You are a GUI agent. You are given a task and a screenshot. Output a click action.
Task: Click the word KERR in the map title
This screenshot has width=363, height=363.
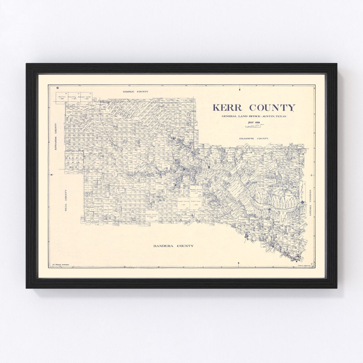[227, 108]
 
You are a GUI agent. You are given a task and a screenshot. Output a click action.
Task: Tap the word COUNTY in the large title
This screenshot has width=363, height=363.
[272, 108]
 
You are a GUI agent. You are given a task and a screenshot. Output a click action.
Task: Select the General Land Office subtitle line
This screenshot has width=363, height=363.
[254, 116]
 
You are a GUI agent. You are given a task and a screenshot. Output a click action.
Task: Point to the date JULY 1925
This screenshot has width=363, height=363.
[254, 123]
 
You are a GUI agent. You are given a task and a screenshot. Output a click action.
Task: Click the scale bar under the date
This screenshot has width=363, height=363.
[254, 126]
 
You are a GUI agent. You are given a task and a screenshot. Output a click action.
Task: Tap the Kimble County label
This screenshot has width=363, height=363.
[135, 91]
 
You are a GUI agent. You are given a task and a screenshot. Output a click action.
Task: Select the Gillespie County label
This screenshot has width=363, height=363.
[254, 138]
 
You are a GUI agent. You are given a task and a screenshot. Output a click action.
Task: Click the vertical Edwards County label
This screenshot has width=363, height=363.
[56, 136]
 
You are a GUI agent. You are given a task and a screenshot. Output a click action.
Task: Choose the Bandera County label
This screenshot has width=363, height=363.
[173, 246]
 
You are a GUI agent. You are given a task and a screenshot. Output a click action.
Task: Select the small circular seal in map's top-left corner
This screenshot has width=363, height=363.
[57, 88]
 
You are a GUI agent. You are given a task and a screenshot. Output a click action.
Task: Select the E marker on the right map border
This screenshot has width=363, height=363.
[312, 175]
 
